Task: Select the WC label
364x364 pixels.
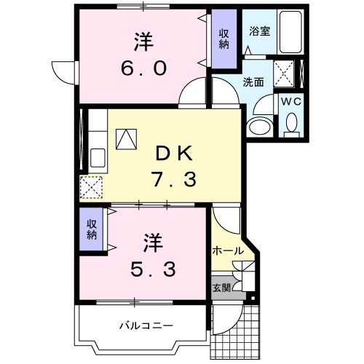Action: coord(291,103)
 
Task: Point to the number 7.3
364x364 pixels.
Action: coord(173,178)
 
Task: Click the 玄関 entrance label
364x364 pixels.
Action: coord(221,287)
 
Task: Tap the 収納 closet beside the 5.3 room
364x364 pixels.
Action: coord(92,229)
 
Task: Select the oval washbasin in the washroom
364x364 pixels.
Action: coord(258,127)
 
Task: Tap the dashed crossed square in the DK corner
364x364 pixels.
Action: coord(92,187)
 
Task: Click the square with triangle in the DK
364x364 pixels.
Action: coord(125,138)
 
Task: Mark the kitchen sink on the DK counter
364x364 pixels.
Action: coord(97,157)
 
